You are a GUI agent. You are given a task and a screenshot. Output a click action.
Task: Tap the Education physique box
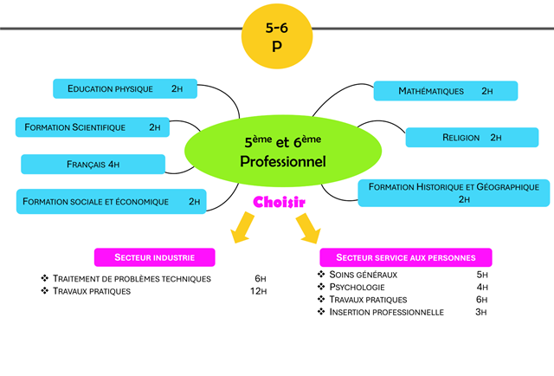coord(126,88)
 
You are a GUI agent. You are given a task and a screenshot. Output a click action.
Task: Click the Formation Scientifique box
coord(93,126)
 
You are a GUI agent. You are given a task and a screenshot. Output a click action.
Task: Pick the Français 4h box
coord(93,164)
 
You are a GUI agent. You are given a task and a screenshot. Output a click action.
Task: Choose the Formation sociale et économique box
coord(112,201)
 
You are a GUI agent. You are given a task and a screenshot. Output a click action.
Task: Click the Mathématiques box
coord(445,90)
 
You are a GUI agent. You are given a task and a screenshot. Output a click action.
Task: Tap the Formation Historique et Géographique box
coord(454,192)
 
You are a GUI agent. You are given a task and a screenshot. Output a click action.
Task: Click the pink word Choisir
coord(280,202)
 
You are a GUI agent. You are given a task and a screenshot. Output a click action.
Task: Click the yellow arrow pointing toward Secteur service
coord(307,229)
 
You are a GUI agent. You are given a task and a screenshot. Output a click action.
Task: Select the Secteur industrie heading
coord(155,257)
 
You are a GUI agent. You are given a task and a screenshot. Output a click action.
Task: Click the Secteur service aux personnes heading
coord(405,257)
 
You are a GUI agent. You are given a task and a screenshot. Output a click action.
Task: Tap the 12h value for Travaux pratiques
coord(257,291)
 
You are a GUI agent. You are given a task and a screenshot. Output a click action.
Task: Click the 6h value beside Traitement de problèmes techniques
coord(260,278)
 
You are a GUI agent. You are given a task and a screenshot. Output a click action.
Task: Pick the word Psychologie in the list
coord(357,287)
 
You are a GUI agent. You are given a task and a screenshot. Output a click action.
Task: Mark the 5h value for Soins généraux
coord(482,274)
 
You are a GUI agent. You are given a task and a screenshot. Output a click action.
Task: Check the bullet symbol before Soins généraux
coord(322,274)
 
